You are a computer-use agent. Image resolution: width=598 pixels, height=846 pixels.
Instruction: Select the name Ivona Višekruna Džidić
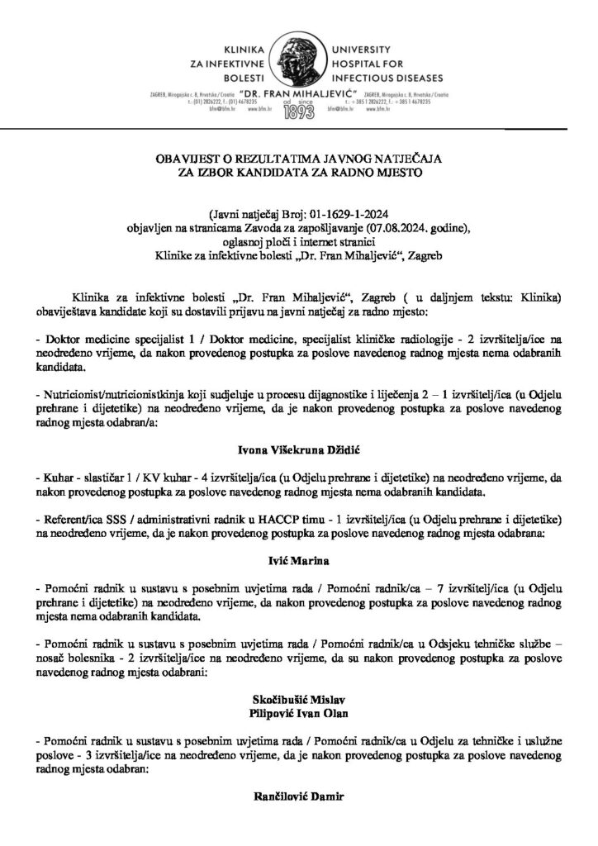tap(299, 449)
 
